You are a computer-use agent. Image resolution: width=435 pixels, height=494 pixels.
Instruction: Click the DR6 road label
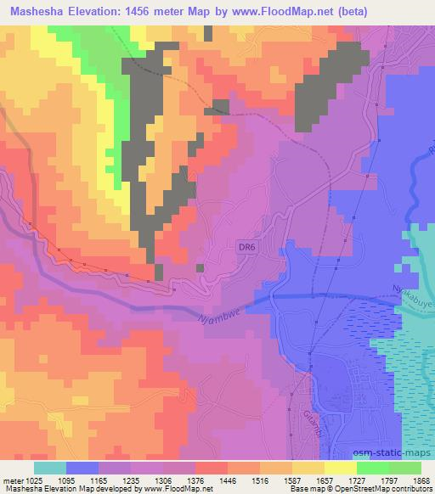[245, 246]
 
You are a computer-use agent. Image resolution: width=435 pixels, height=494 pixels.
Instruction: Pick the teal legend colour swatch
[50, 468]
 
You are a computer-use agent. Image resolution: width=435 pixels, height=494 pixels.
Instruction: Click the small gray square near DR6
[201, 267]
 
